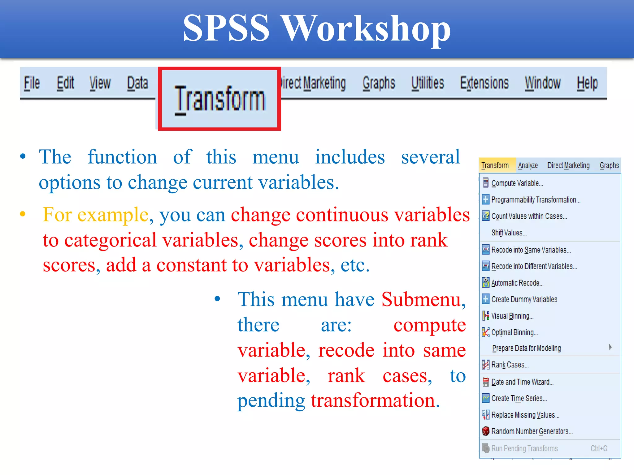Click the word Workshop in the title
click(x=365, y=28)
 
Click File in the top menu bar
click(x=32, y=83)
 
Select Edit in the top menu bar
click(x=65, y=83)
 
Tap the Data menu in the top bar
click(x=137, y=83)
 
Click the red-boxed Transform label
click(x=219, y=99)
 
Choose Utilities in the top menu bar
click(x=428, y=83)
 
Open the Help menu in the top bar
click(x=587, y=83)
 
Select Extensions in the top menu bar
click(x=484, y=83)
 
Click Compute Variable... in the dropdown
click(x=517, y=183)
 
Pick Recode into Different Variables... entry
click(x=534, y=266)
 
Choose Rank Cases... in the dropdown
click(x=510, y=365)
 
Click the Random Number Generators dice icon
click(x=486, y=431)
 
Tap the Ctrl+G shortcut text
click(x=599, y=448)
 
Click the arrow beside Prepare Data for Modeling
click(x=610, y=347)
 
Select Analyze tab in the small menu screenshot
click(x=528, y=165)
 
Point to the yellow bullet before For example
click(x=23, y=214)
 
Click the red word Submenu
click(x=421, y=299)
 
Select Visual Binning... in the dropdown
click(x=512, y=316)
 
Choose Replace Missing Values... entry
click(x=525, y=415)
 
